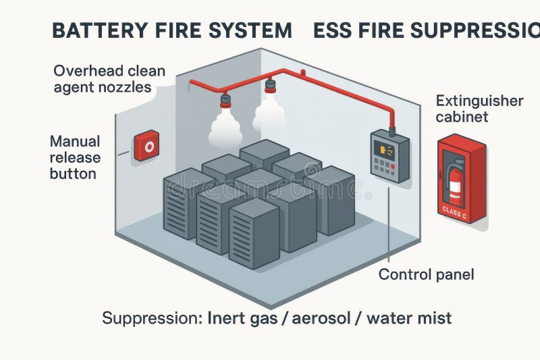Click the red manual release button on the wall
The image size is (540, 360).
[x=146, y=145]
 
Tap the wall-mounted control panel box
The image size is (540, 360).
[x=389, y=156]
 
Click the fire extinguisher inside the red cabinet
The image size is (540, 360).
[x=456, y=181]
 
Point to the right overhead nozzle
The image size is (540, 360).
[x=270, y=88]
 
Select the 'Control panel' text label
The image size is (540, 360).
[x=426, y=274]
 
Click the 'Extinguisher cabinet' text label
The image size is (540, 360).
[x=479, y=109]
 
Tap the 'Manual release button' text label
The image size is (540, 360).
[x=75, y=157]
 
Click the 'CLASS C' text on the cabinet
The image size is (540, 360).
[x=454, y=212]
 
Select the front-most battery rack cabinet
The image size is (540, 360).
[x=254, y=234]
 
